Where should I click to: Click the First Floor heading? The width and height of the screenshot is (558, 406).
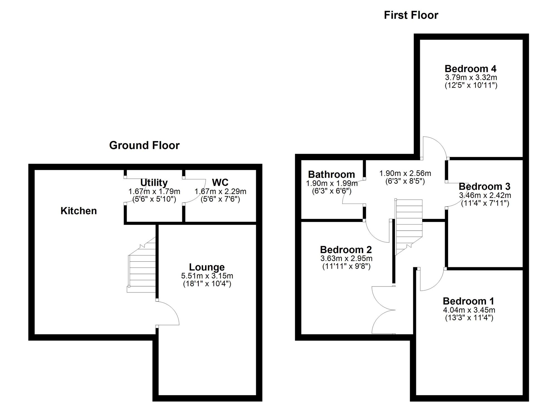411,15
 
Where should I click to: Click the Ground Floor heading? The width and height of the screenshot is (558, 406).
144,145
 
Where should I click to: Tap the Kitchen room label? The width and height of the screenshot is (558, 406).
79,211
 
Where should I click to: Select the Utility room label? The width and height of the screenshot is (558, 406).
154,183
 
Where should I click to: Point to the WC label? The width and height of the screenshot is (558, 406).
220,182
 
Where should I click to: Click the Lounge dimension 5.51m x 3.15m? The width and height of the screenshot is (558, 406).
207,276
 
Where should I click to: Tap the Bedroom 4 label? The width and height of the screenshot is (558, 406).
470,69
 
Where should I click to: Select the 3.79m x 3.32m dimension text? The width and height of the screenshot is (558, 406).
471,77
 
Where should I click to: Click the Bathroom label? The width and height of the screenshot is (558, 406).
331,175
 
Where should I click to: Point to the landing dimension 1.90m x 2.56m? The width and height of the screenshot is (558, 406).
405,173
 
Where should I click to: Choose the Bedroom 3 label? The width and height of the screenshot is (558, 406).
484,186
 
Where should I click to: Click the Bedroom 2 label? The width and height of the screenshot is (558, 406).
346,250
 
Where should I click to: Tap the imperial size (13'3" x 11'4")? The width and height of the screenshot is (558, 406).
469,318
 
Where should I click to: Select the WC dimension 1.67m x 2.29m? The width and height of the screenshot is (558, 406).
220,192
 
